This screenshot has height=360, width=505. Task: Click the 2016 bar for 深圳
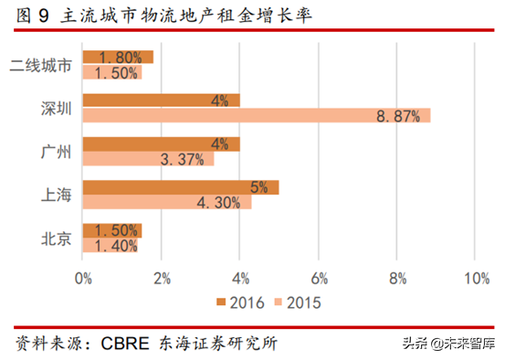coord(161,101)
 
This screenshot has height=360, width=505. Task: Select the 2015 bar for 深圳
coord(256,115)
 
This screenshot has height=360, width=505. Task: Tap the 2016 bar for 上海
coord(181,187)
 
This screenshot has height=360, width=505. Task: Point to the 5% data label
coord(258,187)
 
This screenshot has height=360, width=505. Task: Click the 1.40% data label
coord(110,246)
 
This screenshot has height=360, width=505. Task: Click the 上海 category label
coord(56,195)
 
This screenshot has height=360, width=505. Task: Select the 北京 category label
coord(56,238)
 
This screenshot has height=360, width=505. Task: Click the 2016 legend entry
coord(240,301)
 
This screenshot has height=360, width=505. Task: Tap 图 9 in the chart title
coord(30,16)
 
